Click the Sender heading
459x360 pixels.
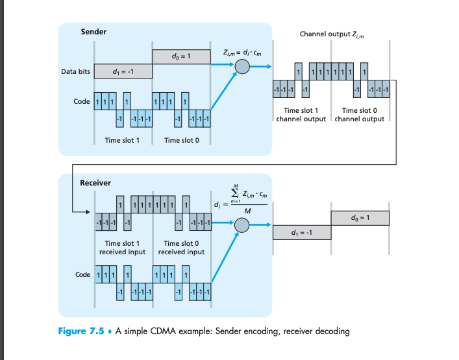pos(93,32)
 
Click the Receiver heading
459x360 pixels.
pos(95,183)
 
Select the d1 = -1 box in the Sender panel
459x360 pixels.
pos(123,71)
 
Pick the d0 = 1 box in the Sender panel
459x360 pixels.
pos(181,57)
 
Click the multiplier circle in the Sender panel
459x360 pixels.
pos(242,66)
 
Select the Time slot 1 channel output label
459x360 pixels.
pos(301,115)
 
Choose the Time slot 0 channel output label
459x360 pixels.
pos(360,115)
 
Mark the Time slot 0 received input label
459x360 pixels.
pos(181,247)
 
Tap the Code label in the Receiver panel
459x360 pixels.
pos(82,275)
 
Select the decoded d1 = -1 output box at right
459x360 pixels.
pos(302,232)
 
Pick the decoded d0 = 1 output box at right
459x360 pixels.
pos(360,217)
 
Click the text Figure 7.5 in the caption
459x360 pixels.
pos(82,331)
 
